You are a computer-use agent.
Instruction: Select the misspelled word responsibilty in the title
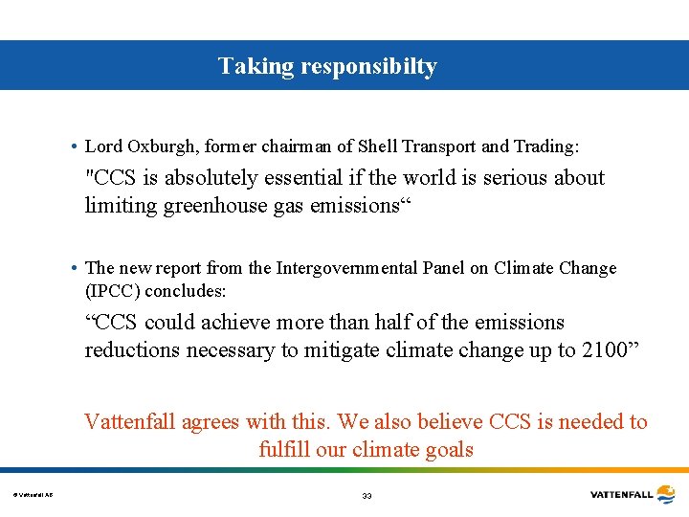(368, 67)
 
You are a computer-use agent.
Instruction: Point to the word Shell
(378, 146)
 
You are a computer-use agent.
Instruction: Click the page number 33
(367, 495)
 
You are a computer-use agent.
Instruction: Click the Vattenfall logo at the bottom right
(633, 494)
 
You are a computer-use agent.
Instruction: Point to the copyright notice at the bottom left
(33, 495)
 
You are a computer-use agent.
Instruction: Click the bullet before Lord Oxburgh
(74, 146)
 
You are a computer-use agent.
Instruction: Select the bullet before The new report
(74, 268)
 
